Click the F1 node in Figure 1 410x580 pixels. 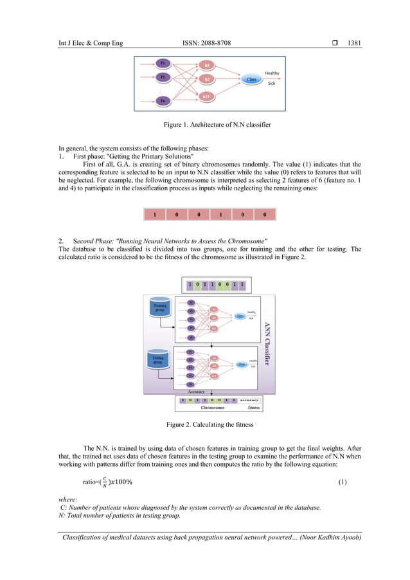pos(163,64)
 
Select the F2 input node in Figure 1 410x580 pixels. pos(163,77)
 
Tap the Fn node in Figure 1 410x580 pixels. pos(163,101)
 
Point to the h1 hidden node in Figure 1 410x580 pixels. pos(207,66)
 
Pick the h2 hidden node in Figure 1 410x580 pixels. pos(207,79)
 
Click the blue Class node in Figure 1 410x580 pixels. pos(251,80)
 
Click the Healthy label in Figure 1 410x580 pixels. pos(272,73)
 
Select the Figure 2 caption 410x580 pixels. pos(205,425)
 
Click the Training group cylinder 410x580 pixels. pos(160,306)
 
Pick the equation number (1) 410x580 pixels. pos(343,482)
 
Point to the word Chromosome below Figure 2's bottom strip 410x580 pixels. pos(212,407)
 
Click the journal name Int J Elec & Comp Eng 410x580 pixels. pos(91,44)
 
